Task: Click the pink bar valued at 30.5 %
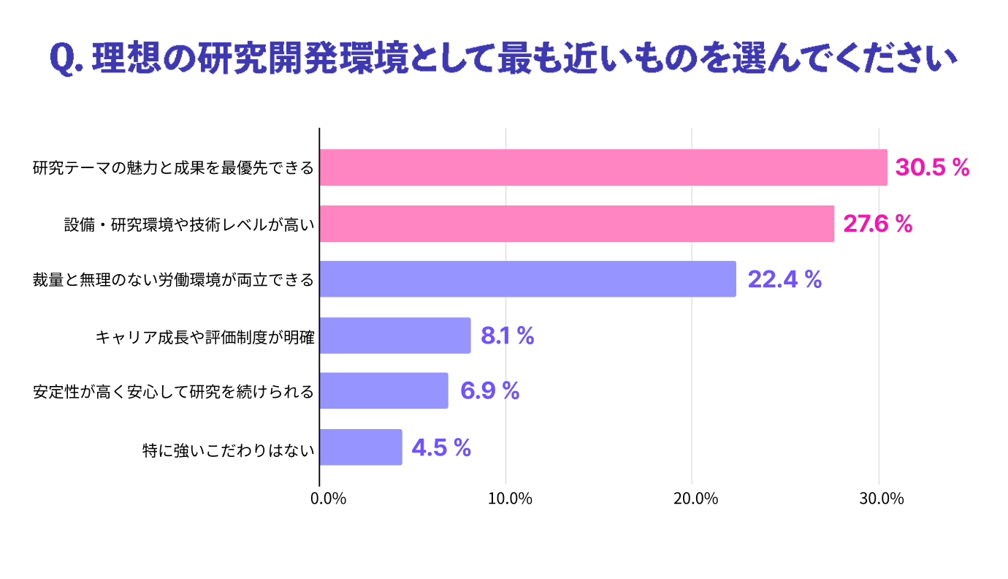click(603, 167)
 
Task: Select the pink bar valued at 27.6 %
click(577, 224)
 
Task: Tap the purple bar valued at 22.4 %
click(527, 279)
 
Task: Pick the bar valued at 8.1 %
click(395, 336)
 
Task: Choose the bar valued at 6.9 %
click(384, 391)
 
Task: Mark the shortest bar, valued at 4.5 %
click(361, 447)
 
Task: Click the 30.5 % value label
click(932, 168)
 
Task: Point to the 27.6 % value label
click(878, 224)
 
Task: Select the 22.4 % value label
click(784, 279)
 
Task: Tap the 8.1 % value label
click(508, 336)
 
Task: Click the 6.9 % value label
click(489, 391)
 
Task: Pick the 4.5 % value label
click(441, 447)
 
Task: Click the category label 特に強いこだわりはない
click(228, 447)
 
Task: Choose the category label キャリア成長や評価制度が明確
click(205, 336)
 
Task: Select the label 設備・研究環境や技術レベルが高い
click(189, 224)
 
